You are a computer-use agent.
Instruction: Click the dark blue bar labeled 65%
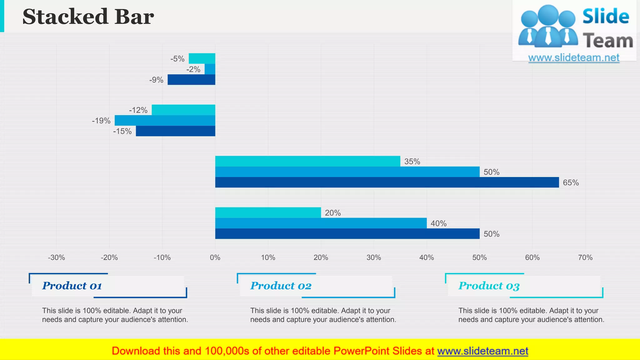387,182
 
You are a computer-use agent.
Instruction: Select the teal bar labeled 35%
307,161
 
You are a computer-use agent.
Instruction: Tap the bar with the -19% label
165,120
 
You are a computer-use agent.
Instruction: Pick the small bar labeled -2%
210,69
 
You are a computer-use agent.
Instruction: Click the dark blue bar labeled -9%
191,80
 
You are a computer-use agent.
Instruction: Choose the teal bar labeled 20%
268,212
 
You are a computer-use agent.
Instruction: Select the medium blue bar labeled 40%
321,223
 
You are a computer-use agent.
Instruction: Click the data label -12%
138,110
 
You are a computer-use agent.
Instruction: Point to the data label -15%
122,131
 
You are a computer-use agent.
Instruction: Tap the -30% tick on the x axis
57,257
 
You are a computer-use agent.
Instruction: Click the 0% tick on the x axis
215,257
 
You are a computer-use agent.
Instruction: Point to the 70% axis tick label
585,257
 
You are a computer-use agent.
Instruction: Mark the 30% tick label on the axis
374,257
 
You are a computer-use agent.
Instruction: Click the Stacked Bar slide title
88,17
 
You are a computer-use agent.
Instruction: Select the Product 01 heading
72,286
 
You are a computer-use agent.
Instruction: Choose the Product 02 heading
281,286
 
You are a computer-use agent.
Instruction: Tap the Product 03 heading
489,286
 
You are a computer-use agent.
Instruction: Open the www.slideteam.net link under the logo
574,58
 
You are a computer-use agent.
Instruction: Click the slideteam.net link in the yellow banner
482,351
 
